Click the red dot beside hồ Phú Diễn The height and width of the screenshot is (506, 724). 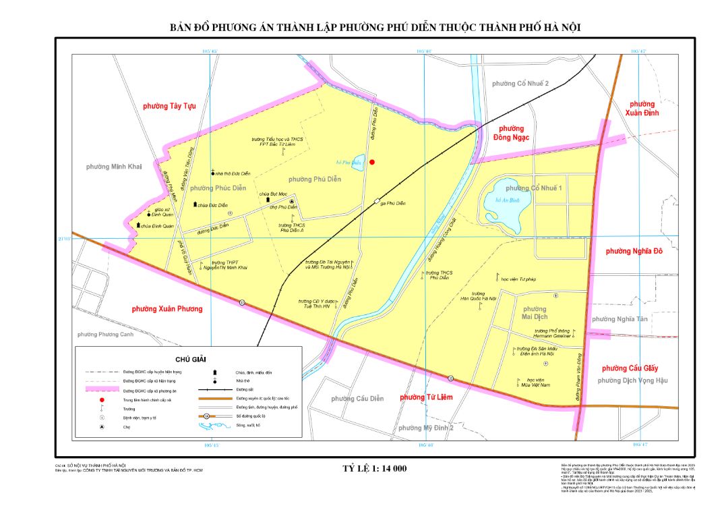tap(371, 162)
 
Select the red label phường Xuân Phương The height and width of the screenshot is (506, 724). tap(167, 308)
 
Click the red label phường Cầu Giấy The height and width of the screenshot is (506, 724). tap(629, 368)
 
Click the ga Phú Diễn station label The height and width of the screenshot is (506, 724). tap(393, 203)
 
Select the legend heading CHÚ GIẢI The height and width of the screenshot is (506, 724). tap(190, 360)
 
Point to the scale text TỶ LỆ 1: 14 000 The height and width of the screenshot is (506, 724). tap(374, 468)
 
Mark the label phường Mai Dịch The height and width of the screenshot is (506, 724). tap(535, 312)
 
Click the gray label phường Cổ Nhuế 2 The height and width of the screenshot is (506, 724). tap(520, 83)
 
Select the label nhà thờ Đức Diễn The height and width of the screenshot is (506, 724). tap(233, 173)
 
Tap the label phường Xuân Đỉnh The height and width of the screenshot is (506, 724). tap(642, 108)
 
